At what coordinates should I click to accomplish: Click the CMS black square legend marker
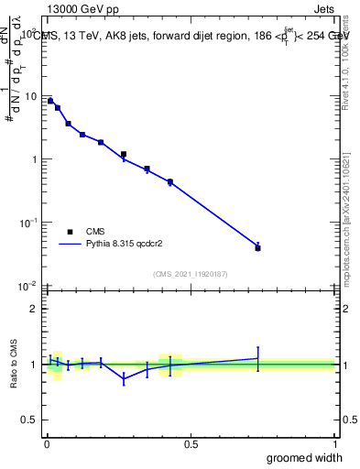(x=70, y=232)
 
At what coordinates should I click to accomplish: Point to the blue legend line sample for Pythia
(x=70, y=245)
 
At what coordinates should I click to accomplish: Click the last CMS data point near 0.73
(x=258, y=248)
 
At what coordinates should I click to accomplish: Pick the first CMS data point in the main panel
(x=50, y=101)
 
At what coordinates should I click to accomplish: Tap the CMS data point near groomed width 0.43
(x=170, y=182)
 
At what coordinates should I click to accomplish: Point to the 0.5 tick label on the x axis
(x=191, y=444)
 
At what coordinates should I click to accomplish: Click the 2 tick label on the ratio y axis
(x=36, y=309)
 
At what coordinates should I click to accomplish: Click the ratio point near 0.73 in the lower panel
(x=258, y=358)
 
